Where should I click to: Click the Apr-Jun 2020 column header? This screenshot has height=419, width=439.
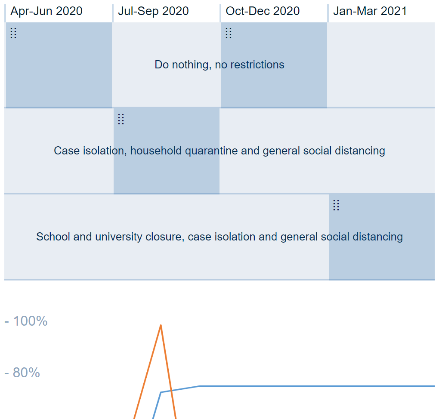[46, 11]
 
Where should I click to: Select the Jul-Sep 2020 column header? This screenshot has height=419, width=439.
[153, 11]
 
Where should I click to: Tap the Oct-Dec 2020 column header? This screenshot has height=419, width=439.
[263, 11]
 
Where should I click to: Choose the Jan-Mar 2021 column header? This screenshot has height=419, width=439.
[370, 11]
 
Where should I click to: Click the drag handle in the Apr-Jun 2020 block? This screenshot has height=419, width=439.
[13, 33]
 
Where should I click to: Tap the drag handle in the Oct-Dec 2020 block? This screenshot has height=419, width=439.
[229, 33]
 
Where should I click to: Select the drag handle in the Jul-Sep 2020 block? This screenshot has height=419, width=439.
[121, 119]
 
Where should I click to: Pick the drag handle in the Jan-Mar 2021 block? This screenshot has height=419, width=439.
[336, 205]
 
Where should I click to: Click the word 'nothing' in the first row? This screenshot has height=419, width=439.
[192, 65]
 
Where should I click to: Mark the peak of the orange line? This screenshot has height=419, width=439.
[161, 325]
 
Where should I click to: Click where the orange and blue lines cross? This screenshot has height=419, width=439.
[171, 391]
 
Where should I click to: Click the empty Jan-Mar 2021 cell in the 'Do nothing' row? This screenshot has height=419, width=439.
[381, 65]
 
